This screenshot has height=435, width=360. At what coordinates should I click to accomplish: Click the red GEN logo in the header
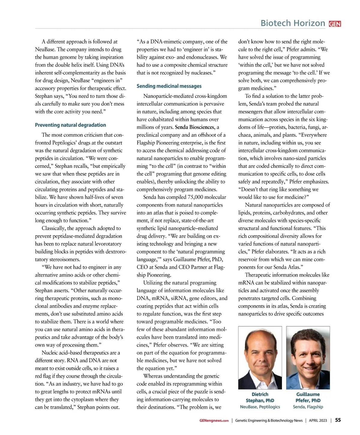click(x=335, y=24)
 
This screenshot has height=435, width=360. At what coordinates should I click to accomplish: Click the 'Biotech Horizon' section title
click(x=293, y=23)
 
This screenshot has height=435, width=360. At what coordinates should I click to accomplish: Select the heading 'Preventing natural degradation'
click(x=70, y=125)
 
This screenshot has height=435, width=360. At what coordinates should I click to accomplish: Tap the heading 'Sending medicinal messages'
click(x=169, y=86)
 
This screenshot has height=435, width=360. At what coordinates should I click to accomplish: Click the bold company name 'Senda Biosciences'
click(x=195, y=127)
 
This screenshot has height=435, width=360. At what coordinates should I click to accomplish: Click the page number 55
click(x=338, y=420)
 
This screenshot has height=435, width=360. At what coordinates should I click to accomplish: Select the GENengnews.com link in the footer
click(x=214, y=421)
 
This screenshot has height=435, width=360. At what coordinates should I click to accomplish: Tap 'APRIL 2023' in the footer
click(x=318, y=421)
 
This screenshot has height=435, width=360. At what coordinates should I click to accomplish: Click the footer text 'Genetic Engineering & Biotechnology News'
click(x=269, y=421)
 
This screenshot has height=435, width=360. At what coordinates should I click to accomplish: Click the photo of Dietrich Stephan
click(x=260, y=358)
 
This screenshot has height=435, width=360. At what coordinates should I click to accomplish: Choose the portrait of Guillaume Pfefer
click(x=308, y=358)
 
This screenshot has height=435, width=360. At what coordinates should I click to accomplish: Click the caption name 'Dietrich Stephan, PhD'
click(x=260, y=397)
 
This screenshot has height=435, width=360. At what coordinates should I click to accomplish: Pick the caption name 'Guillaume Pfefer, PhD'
click(x=308, y=397)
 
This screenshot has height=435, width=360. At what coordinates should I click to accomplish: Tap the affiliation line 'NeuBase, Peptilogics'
click(x=260, y=407)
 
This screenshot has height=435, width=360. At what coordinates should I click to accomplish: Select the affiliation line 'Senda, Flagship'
click(x=308, y=407)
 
